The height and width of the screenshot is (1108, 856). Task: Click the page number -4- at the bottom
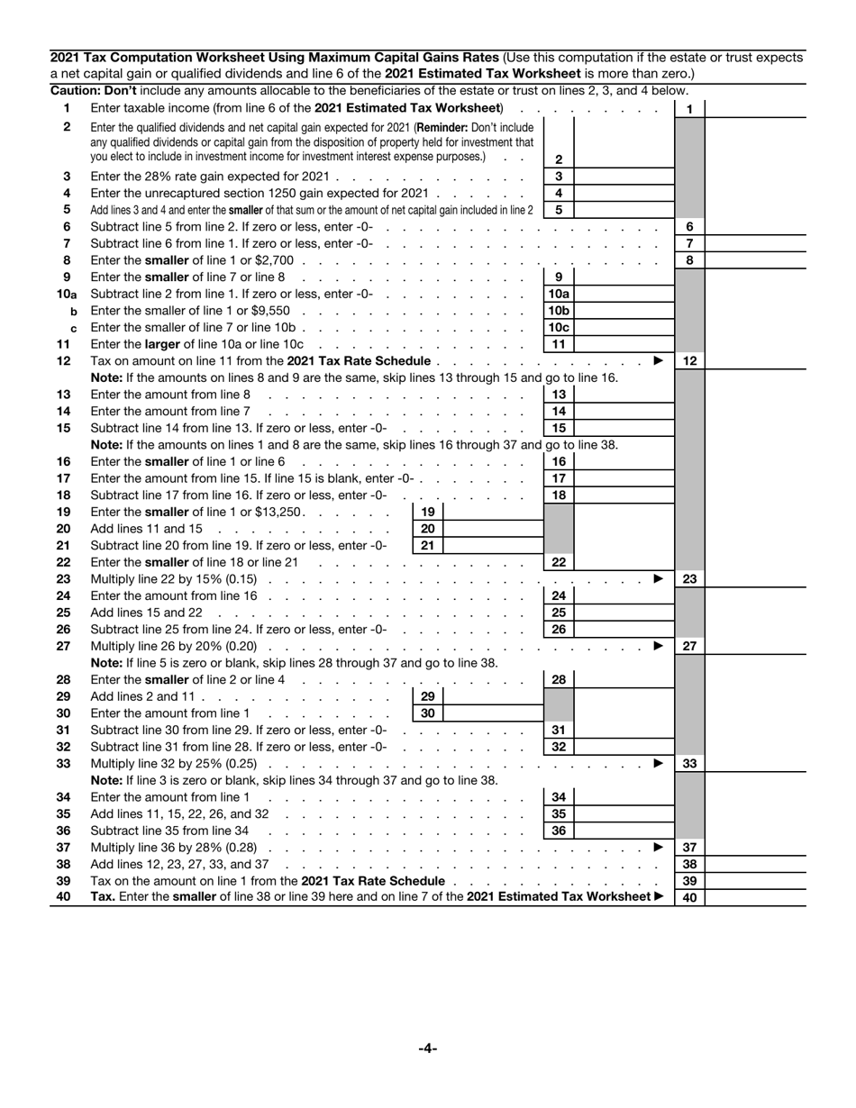427,1048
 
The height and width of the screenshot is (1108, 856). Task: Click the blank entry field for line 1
754,109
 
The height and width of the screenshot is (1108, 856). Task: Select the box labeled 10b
559,310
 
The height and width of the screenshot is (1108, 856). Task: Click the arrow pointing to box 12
658,360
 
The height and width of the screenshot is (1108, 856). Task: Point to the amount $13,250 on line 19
281,512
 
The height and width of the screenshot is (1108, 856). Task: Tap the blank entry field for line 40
754,897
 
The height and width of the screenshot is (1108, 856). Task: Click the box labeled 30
428,713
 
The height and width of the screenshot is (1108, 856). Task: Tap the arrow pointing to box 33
658,763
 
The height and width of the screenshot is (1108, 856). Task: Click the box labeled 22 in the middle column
559,562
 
